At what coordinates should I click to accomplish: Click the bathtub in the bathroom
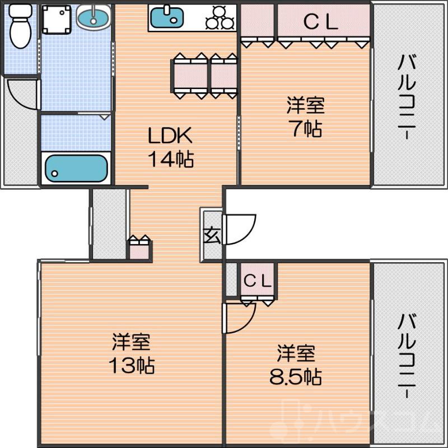[x=76, y=168]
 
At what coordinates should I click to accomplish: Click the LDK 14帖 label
[x=170, y=147]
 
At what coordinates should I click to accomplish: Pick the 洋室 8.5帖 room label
[x=296, y=365]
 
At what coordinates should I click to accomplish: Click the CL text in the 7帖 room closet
[x=320, y=22]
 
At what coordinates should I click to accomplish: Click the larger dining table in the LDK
[x=190, y=76]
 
